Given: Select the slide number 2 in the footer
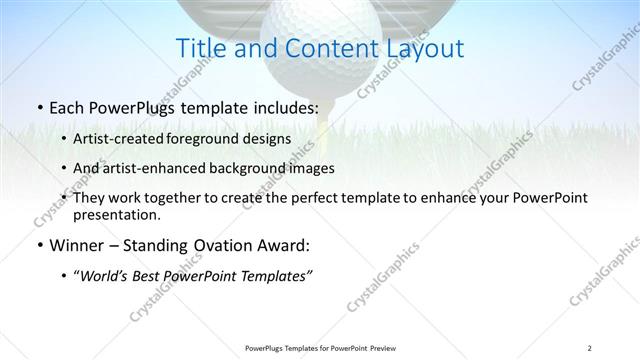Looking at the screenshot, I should [591, 348].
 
